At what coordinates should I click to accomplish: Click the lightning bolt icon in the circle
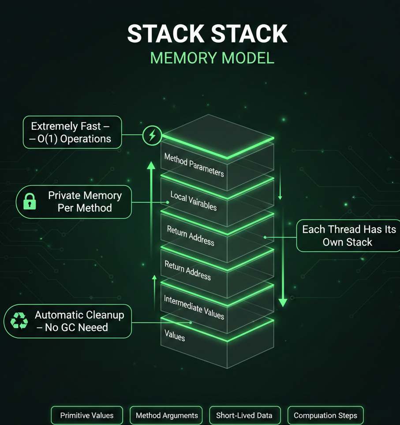[152, 135]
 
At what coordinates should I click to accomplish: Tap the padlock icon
[30, 201]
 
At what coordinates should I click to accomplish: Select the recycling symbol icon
[19, 321]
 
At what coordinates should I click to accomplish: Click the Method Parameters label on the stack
[194, 165]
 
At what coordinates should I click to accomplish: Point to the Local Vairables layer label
[194, 201]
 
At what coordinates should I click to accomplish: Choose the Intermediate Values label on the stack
[194, 307]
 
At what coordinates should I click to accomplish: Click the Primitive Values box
[87, 415]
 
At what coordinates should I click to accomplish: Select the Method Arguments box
[166, 415]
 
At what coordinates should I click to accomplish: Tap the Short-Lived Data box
[244, 415]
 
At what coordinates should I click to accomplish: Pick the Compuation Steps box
[325, 415]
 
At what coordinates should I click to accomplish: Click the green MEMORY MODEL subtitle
[212, 58]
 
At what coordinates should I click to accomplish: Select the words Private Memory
[85, 195]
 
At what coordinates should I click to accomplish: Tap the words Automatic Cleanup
[79, 315]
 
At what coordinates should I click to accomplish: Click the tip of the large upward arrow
[151, 162]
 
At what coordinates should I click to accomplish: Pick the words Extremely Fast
[66, 126]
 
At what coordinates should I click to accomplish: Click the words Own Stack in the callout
[348, 242]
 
